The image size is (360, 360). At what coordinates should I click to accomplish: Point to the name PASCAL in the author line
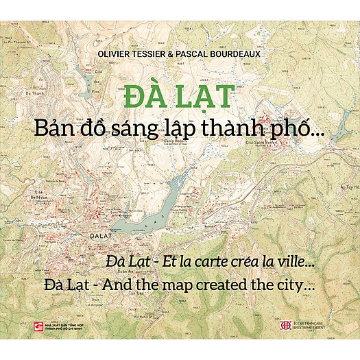(189, 51)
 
